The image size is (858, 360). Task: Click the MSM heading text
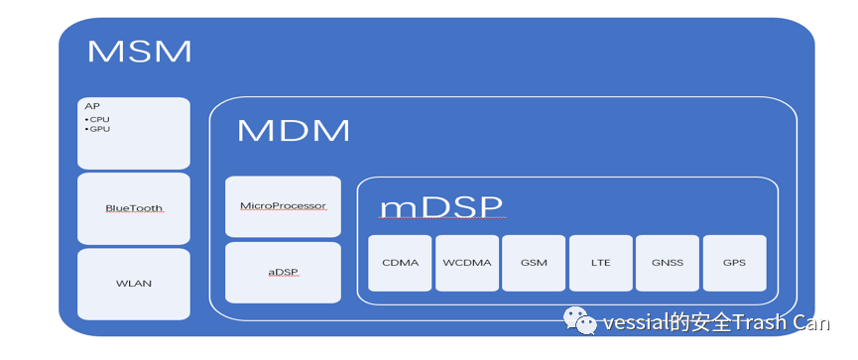(x=140, y=51)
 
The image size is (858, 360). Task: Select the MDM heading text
(x=294, y=131)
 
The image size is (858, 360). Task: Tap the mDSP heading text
(x=441, y=207)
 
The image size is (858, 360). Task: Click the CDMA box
(x=400, y=263)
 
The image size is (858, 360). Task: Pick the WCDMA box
(x=467, y=263)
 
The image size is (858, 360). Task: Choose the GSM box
(x=534, y=263)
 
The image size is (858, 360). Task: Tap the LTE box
(x=601, y=263)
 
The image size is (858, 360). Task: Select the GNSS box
(x=668, y=263)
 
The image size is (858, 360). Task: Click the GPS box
(x=734, y=263)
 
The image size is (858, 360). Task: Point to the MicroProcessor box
(x=283, y=206)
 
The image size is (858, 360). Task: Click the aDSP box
(x=283, y=273)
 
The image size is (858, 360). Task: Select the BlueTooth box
(x=134, y=209)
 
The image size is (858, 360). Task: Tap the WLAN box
(x=134, y=284)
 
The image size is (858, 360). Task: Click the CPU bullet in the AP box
(x=97, y=119)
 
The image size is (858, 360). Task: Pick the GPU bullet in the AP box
(x=97, y=129)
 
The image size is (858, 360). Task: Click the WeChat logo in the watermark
(x=580, y=320)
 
